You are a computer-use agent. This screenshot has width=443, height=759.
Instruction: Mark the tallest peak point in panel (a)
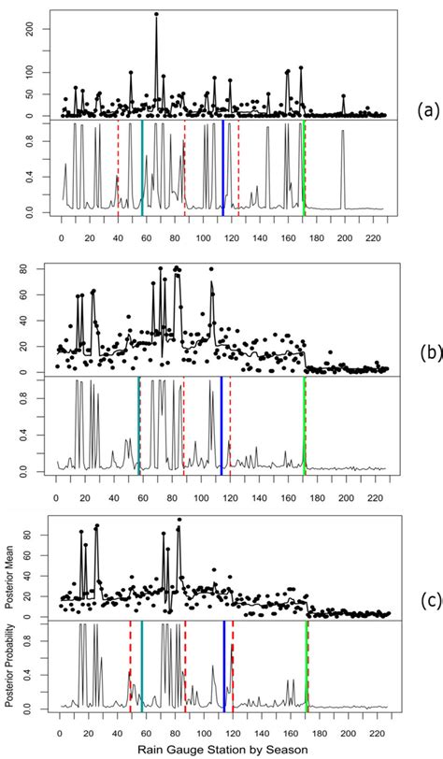[x=156, y=14]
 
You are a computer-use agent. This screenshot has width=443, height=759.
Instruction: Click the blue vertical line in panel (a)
[x=223, y=168]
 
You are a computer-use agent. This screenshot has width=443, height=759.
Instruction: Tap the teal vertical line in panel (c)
[x=141, y=668]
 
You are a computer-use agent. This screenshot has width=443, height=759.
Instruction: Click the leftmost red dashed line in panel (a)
[x=118, y=168]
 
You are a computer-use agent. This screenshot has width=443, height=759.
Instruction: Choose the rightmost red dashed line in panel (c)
[x=233, y=668]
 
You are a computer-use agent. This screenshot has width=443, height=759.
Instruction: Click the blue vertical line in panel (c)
[x=224, y=668]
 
